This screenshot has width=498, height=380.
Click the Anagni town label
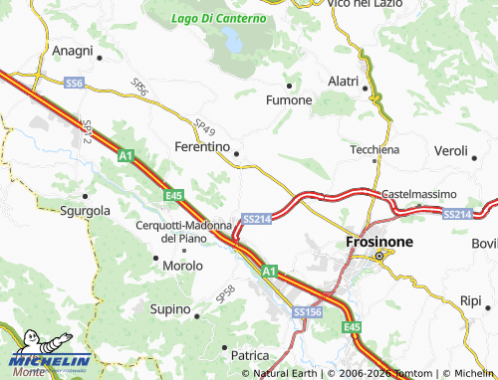pyautogui.click(x=72, y=51)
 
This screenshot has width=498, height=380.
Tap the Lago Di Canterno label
pyautogui.click(x=218, y=18)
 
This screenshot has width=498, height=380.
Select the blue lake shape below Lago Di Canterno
pyautogui.click(x=232, y=42)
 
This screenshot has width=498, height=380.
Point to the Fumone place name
pyautogui.click(x=289, y=100)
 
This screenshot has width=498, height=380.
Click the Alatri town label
pyautogui.click(x=349, y=81)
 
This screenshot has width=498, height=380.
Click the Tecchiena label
pyautogui.click(x=374, y=149)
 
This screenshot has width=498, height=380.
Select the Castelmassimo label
pyautogui.click(x=419, y=194)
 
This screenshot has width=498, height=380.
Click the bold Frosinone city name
pyautogui.click(x=377, y=241)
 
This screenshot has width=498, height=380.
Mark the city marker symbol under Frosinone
pyautogui.click(x=378, y=258)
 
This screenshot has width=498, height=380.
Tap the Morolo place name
pyautogui.click(x=182, y=266)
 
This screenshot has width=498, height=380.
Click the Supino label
pyautogui.click(x=169, y=310)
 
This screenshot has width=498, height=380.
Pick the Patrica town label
pyautogui.click(x=249, y=355)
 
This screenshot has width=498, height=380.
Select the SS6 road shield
pyautogui.click(x=74, y=84)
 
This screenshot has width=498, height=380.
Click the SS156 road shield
pyautogui.click(x=308, y=312)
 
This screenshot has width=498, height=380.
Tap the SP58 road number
pyautogui.click(x=225, y=293)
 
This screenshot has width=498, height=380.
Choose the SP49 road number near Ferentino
pyautogui.click(x=205, y=126)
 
